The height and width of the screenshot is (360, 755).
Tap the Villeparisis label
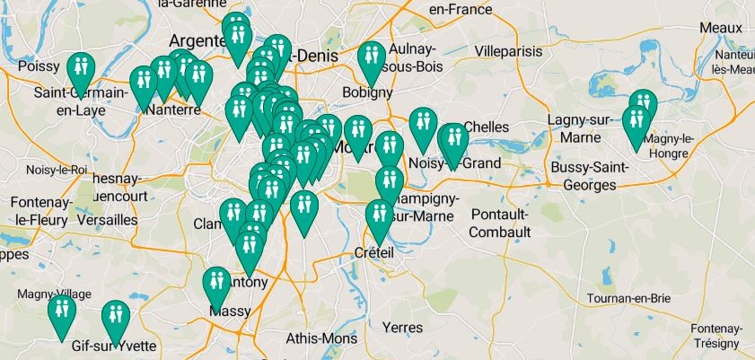(x=511, y=51)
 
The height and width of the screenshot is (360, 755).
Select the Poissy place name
(x=38, y=66)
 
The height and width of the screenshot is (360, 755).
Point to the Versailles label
(x=107, y=219)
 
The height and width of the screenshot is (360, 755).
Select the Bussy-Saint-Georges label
(x=584, y=176)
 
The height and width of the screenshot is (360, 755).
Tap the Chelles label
(x=487, y=127)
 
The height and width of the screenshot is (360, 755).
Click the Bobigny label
(x=368, y=92)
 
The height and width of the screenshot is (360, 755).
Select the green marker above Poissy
(x=81, y=67)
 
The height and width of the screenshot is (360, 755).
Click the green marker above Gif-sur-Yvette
(x=115, y=316)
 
